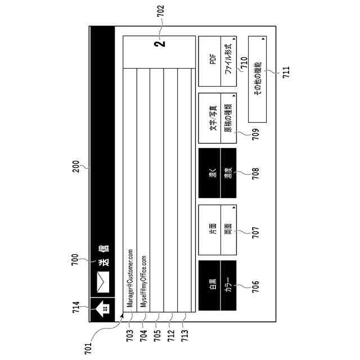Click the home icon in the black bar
pos(101,309)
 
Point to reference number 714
pos(76,309)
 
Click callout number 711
pos(286,72)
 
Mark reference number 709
pos(255,133)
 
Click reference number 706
pos(255,286)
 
